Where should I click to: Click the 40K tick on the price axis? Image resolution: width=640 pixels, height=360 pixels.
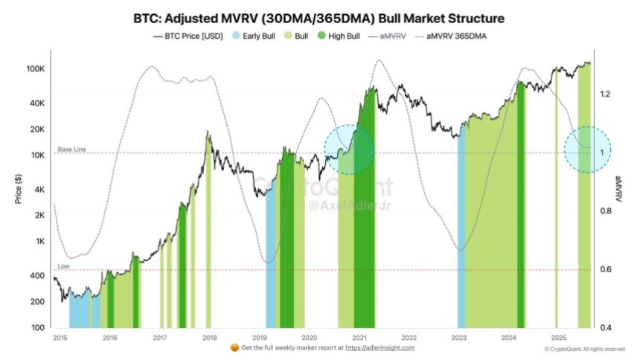point(36,103)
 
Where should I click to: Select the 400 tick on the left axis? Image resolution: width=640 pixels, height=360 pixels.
point(37,276)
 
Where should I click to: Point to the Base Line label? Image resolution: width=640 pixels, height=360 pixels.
point(72,150)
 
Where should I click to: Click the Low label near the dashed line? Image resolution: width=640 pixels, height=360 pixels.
point(63,266)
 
